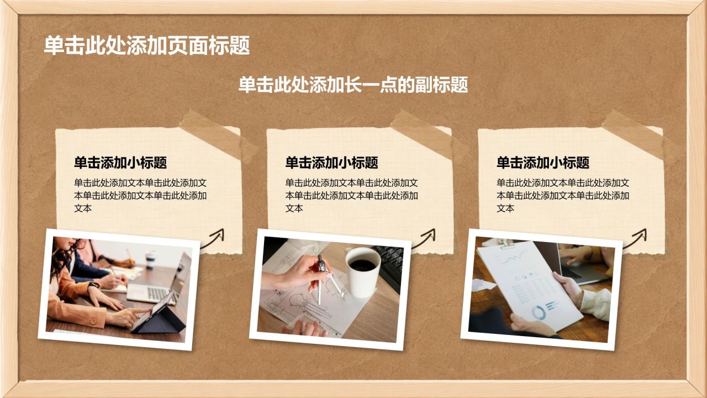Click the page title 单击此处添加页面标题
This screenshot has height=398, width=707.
click(x=147, y=45)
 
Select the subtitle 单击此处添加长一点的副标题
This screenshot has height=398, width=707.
click(x=353, y=85)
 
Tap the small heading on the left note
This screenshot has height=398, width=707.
click(x=120, y=163)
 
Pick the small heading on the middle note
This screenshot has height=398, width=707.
click(x=332, y=163)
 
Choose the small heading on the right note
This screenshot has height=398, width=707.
click(x=543, y=163)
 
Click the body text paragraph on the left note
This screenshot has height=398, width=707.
click(x=140, y=196)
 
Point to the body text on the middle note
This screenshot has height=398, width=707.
click(x=352, y=196)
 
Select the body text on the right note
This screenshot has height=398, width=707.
click(x=563, y=196)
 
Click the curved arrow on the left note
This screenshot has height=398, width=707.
click(x=213, y=240)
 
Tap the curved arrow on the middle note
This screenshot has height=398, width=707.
click(x=424, y=240)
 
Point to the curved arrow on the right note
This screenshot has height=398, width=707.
click(x=635, y=240)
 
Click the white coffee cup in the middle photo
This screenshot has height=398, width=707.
click(x=363, y=272)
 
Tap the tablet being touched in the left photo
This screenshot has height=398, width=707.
click(x=158, y=313)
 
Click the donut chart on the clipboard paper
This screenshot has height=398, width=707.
click(x=539, y=312)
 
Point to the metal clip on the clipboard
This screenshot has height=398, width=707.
click(x=506, y=244)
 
